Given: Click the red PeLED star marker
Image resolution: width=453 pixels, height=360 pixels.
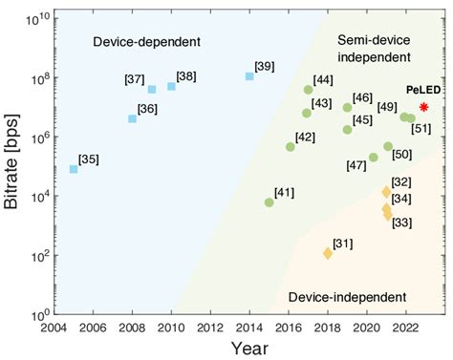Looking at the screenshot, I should pyautogui.click(x=423, y=107).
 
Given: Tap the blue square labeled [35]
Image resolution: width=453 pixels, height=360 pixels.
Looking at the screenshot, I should pyautogui.click(x=74, y=169).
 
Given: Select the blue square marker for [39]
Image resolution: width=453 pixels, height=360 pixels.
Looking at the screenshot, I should pyautogui.click(x=249, y=75).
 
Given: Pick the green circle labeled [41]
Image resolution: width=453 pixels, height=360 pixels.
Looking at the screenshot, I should pyautogui.click(x=269, y=202).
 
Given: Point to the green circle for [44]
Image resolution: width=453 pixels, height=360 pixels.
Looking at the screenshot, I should pyautogui.click(x=308, y=90).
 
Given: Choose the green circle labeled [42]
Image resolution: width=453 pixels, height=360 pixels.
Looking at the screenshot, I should pyautogui.click(x=290, y=147).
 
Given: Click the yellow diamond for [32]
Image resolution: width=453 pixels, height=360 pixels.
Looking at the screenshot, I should pyautogui.click(x=387, y=192).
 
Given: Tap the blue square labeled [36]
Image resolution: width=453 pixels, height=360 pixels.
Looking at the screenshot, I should pyautogui.click(x=132, y=119).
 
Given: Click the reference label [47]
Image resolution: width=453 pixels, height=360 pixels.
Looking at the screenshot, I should pyautogui.click(x=356, y=166).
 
